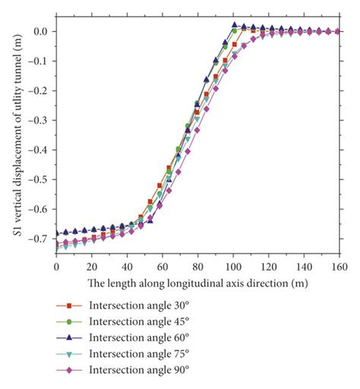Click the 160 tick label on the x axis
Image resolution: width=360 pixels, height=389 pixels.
click(x=338, y=267)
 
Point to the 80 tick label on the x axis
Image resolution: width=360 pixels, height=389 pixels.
click(x=197, y=267)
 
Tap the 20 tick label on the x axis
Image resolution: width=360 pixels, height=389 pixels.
click(x=92, y=267)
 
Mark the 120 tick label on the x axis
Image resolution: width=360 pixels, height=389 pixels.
click(x=267, y=267)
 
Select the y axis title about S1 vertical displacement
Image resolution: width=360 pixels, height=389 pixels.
click(x=15, y=137)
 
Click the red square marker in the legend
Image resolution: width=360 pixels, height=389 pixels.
click(x=69, y=305)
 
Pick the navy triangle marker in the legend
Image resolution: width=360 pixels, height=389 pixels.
click(x=69, y=337)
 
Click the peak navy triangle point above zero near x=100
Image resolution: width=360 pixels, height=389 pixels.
click(x=235, y=25)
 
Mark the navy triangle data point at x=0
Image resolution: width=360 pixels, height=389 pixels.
click(x=57, y=233)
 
